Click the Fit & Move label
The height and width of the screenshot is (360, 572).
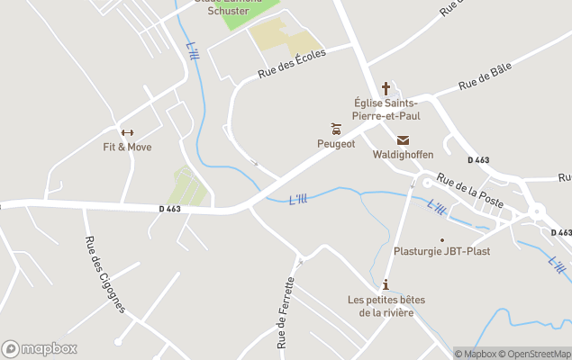(x=127, y=147)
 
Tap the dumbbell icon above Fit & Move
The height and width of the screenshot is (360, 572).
(x=127, y=132)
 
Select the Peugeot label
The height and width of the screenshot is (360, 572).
(x=336, y=143)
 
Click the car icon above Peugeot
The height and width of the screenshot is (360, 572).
(x=336, y=129)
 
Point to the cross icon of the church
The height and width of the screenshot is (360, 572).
(x=386, y=88)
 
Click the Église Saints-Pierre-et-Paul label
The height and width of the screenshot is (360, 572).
(x=386, y=110)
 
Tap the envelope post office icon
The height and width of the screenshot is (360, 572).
(x=403, y=139)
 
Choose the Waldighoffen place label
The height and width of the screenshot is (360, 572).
(x=403, y=154)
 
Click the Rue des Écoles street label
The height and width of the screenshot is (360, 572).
(x=291, y=64)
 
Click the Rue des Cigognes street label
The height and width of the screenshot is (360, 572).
(x=104, y=274)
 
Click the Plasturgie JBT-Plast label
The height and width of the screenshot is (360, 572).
(x=442, y=251)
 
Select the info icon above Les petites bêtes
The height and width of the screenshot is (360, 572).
(x=386, y=284)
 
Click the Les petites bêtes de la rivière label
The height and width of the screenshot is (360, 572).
(x=386, y=306)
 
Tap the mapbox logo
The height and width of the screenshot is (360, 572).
(x=40, y=348)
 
